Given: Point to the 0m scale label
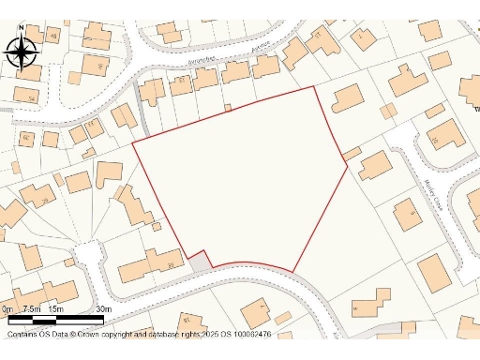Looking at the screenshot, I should (7, 308).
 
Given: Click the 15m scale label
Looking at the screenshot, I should (55, 308).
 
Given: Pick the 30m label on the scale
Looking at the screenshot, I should (103, 308).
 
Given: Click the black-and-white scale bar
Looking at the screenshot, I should (54, 321).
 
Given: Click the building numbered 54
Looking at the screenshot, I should (30, 96).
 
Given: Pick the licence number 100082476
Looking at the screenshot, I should (247, 334).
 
